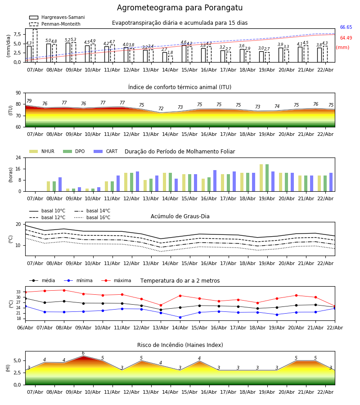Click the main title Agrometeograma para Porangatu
tap(180, 8)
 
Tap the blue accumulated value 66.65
tap(346, 27)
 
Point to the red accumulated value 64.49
tap(346, 38)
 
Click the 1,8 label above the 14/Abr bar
tap(170, 53)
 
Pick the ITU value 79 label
tap(29, 101)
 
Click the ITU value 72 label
tap(161, 109)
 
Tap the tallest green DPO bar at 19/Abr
tap(267, 177)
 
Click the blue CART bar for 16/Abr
tap(215, 180)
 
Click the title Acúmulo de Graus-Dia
tap(180, 216)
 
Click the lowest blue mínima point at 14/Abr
tap(180, 317)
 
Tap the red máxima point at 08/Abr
tap(64, 290)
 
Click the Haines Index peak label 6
tap(83, 353)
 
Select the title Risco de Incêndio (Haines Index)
tap(180, 345)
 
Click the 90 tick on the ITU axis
tap(18, 93)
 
